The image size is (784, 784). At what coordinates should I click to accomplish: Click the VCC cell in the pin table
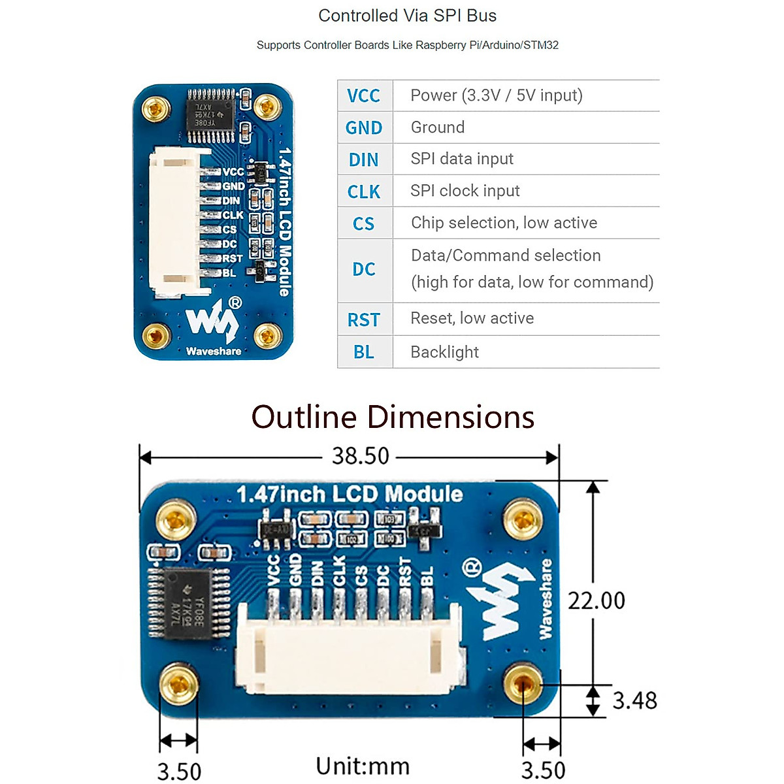363,96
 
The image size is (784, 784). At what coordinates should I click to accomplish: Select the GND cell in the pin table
364,127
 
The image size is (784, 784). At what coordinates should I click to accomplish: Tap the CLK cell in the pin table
364,191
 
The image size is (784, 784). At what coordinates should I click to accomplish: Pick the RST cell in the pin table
364,319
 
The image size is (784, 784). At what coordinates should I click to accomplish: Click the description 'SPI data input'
462,159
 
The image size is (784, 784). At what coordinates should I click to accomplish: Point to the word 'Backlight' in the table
444,352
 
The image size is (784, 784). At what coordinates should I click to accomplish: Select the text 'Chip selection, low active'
504,223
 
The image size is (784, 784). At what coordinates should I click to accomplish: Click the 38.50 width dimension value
360,455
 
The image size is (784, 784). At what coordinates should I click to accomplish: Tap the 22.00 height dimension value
596,600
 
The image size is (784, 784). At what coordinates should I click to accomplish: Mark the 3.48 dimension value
634,700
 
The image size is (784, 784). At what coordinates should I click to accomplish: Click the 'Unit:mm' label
363,766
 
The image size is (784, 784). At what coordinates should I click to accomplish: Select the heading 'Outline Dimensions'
393,417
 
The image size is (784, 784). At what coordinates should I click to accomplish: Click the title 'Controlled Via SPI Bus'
407,16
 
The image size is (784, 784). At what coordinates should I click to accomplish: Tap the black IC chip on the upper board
210,116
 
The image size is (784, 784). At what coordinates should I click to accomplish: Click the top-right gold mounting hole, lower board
523,520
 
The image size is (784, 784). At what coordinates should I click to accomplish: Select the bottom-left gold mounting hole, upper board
155,336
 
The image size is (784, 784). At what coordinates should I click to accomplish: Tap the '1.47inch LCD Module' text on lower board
350,494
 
